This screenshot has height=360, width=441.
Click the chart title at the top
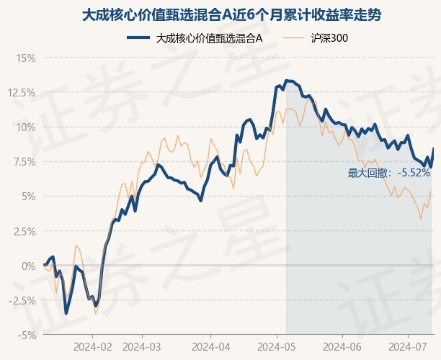[231, 15]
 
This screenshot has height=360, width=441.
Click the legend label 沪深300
[329, 38]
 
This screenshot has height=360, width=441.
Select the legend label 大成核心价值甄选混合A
[209, 38]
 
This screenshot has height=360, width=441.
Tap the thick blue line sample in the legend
[138, 37]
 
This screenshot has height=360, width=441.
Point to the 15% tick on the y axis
[26, 58]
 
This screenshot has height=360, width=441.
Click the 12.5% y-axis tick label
[22, 93]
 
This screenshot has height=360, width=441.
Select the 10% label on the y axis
[26, 127]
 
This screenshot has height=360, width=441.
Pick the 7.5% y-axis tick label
[24, 162]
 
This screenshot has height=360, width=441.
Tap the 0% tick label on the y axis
[29, 266]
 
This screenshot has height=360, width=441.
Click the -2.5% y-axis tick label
[22, 301]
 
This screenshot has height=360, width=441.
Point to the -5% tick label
[27, 336]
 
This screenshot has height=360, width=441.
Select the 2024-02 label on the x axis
[93, 347]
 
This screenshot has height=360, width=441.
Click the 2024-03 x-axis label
[142, 347]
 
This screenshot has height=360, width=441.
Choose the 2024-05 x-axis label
[277, 347]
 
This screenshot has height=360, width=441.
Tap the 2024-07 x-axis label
[408, 347]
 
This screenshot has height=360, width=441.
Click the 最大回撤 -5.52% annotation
[389, 173]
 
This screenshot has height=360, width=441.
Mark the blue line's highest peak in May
[287, 81]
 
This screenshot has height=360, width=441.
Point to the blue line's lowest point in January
[66, 313]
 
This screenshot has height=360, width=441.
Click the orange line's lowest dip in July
[421, 219]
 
